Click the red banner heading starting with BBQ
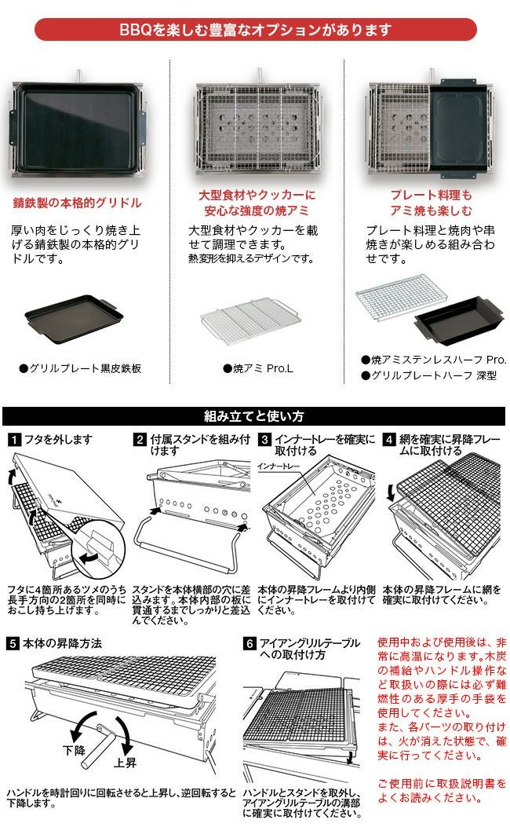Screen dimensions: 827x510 click(x=255, y=31)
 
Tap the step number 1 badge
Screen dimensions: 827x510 click(x=14, y=440)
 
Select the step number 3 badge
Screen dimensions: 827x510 click(x=265, y=440)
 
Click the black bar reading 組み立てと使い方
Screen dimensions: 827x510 click(x=255, y=416)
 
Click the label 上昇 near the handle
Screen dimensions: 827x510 click(x=126, y=763)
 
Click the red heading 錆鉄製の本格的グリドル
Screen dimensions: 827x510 click(x=77, y=203)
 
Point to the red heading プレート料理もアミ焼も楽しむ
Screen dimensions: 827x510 click(x=431, y=203)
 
